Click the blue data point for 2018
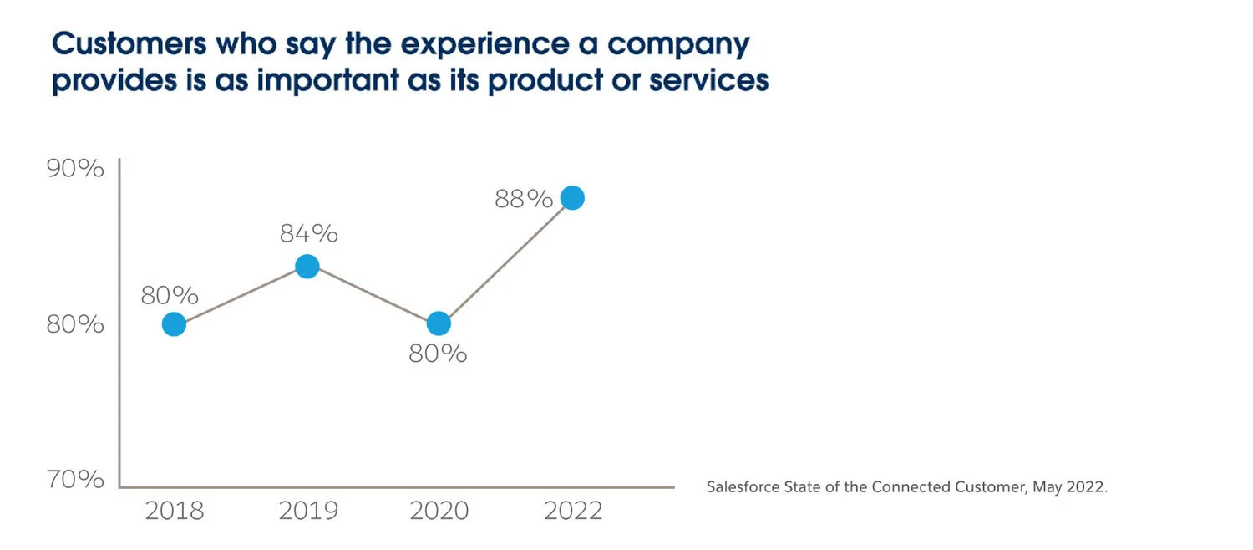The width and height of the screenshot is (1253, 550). point(174,323)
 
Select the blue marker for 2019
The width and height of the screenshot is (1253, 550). point(307,267)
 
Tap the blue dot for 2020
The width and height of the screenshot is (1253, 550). point(439,323)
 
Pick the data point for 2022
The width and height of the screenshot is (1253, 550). point(572,198)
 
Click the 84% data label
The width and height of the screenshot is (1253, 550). point(308,234)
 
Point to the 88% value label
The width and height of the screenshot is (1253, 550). point(524,199)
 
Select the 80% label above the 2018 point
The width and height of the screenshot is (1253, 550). point(170,295)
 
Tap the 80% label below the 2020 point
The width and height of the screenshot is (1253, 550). point(438,354)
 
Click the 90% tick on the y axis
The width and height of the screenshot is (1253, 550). point(75,168)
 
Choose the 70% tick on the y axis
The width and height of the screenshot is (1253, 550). point(75,480)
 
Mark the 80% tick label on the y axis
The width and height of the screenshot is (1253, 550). point(75,324)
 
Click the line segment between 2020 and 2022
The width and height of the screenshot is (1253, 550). point(505,261)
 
